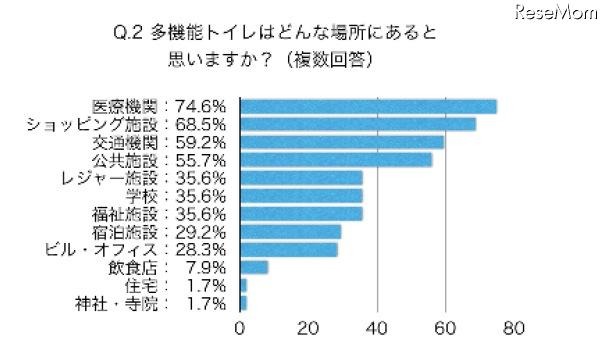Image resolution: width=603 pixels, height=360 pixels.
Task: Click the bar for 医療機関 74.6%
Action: click(x=368, y=107)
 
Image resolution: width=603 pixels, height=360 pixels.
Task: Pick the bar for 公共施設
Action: click(x=336, y=160)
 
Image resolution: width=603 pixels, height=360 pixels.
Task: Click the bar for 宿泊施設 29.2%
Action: click(x=290, y=231)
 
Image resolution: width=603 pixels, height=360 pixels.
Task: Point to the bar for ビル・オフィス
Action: click(x=289, y=249)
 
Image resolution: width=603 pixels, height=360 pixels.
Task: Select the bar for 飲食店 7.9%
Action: click(x=254, y=267)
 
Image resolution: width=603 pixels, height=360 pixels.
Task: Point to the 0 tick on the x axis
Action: click(x=240, y=328)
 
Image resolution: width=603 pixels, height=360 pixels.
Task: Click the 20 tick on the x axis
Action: click(x=309, y=328)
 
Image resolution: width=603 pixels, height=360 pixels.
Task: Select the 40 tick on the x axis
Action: click(x=378, y=328)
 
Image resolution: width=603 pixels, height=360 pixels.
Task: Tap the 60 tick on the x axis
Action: click(x=446, y=328)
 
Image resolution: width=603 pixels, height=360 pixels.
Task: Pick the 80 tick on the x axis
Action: click(x=515, y=328)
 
